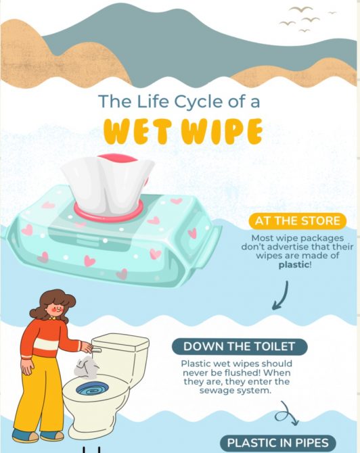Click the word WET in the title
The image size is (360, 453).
(137, 131)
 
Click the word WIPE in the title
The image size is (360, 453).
(221, 131)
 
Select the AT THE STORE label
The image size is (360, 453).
(297, 221)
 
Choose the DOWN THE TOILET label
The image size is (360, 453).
(239, 346)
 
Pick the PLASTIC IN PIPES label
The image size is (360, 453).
(278, 443)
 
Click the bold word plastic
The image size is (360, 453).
(294, 264)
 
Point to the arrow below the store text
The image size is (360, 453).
(281, 296)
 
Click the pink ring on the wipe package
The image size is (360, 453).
(108, 212)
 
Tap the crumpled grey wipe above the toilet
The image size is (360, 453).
(86, 367)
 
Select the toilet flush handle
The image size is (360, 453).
(97, 350)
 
